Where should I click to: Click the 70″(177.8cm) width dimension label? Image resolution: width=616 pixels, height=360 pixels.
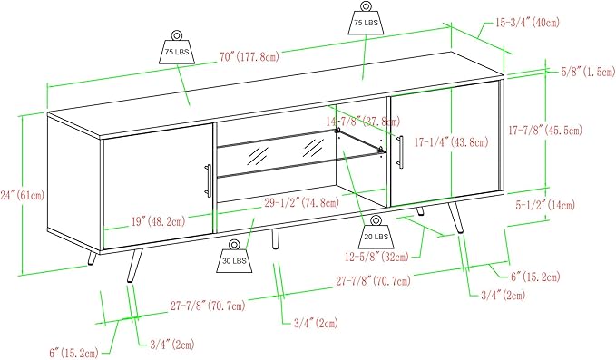249,57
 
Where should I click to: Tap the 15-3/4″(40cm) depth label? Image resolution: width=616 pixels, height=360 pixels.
527,23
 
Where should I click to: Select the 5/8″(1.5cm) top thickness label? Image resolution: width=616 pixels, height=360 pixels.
588,72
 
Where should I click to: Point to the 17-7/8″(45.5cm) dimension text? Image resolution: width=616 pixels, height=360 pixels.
545,130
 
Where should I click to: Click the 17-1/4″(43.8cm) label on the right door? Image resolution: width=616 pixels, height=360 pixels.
452,141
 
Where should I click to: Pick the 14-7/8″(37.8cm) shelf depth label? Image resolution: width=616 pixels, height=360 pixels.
364,121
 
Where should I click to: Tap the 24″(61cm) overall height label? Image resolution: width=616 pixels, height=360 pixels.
23,195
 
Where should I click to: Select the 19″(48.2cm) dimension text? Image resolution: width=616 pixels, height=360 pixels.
158,222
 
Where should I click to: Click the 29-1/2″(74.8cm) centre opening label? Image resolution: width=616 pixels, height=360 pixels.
301,203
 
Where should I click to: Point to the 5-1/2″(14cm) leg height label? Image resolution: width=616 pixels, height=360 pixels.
545,205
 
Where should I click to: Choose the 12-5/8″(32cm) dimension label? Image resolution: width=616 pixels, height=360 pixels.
376,258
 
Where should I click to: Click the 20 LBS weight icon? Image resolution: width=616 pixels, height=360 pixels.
376,231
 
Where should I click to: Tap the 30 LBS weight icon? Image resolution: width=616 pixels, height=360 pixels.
235,256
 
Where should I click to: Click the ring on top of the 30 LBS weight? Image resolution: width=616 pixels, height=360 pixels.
234,245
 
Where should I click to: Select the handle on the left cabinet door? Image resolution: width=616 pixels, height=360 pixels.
208,180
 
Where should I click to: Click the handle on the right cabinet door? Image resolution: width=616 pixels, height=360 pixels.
400,151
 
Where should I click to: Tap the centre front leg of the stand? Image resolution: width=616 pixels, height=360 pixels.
276,238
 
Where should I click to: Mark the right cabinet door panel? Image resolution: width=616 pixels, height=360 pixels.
445,143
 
